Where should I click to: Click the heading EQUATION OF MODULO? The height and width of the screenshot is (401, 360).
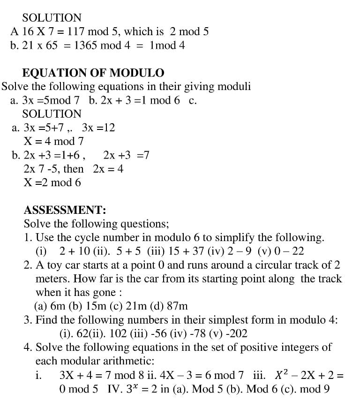point(93,73)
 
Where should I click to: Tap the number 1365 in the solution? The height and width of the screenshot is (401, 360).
point(85,45)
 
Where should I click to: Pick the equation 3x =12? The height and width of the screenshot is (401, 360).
point(98,128)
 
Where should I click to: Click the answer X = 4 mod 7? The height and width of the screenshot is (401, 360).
point(53,141)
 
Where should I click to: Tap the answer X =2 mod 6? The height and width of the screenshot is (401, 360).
point(52,182)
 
